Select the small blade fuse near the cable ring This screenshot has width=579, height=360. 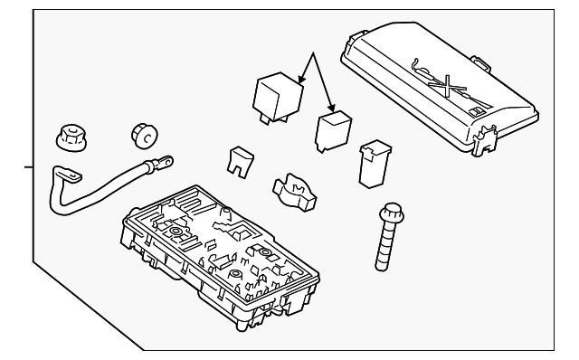coord(239,160)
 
